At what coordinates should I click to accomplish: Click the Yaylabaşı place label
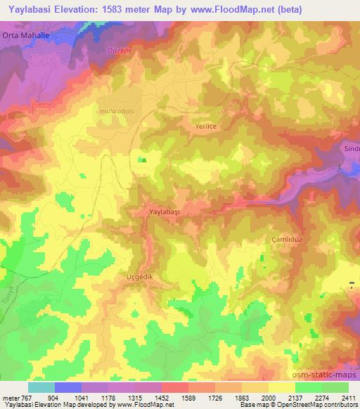166,211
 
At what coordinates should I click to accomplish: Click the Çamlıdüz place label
287,239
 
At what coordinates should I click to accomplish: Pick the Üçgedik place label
139,276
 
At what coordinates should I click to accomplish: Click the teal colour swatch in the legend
41,387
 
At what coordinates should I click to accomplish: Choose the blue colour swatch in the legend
68,387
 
